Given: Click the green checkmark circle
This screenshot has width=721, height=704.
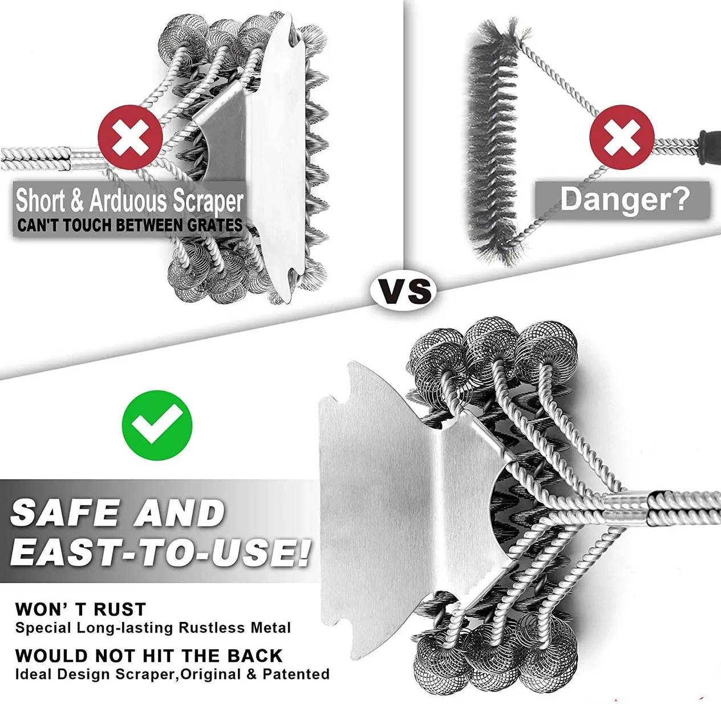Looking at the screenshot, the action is [157, 425].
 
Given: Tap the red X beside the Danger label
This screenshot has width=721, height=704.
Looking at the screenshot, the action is [621, 137].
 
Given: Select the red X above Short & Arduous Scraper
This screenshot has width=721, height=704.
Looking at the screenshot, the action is [130, 137].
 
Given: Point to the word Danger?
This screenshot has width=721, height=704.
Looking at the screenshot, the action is [625, 200].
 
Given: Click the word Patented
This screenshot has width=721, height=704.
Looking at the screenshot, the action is [296, 674].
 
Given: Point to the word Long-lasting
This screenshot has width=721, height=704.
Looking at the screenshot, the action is [125, 628].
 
